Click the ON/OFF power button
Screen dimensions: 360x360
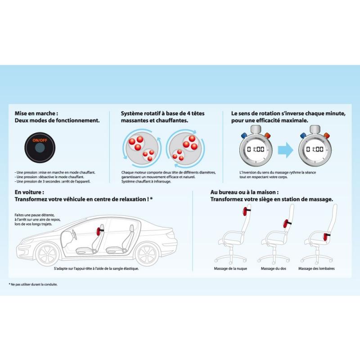click(40, 148)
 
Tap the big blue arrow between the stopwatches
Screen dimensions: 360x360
click(285, 150)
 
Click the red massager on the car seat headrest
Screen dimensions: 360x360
click(99, 230)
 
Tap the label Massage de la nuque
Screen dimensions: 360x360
click(230, 268)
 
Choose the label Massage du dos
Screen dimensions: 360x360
click(274, 268)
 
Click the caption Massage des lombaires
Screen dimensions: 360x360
click(316, 268)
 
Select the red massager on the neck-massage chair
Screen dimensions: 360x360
click(245, 211)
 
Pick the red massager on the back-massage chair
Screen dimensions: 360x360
click(286, 223)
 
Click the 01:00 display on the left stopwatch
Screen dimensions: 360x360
click(256, 149)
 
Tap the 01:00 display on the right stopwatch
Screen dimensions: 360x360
click(315, 149)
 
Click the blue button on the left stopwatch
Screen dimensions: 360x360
click(244, 135)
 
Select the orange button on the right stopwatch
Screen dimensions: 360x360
click(327, 135)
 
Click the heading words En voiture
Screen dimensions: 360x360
click(29, 192)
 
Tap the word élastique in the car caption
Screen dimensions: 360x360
click(131, 268)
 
